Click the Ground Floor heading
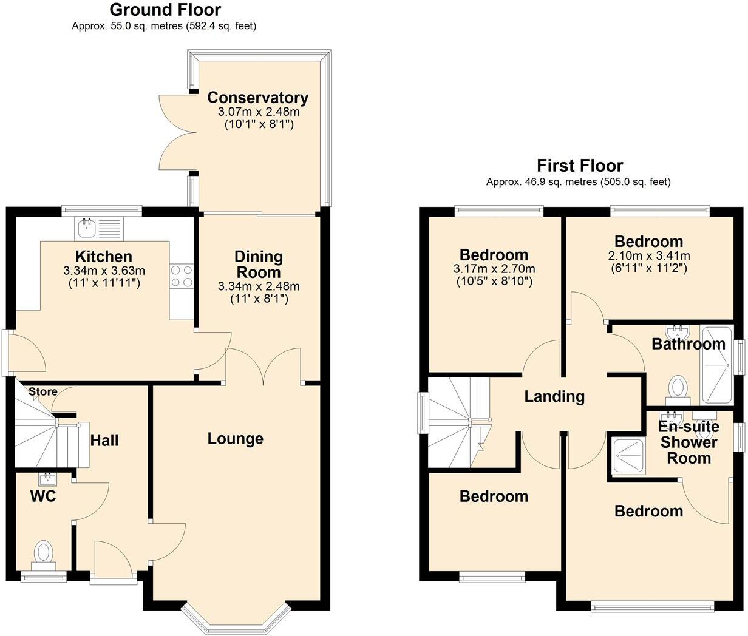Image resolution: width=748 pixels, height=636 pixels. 165,10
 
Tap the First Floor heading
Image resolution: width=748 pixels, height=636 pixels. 579,165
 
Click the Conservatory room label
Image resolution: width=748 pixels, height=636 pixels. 258,98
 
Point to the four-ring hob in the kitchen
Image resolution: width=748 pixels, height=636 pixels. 182,277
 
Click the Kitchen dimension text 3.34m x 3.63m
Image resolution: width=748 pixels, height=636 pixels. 104,271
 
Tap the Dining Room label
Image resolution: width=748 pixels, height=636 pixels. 259,264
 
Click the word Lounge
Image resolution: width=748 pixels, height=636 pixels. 236,438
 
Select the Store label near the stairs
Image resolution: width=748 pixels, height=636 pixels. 42,391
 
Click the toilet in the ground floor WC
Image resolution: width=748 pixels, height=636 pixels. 43,553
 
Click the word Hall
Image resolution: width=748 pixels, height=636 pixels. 104,440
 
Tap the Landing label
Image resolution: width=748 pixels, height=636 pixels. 554,396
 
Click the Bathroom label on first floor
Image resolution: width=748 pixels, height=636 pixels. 688,344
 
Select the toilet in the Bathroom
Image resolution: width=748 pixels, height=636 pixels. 678,388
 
